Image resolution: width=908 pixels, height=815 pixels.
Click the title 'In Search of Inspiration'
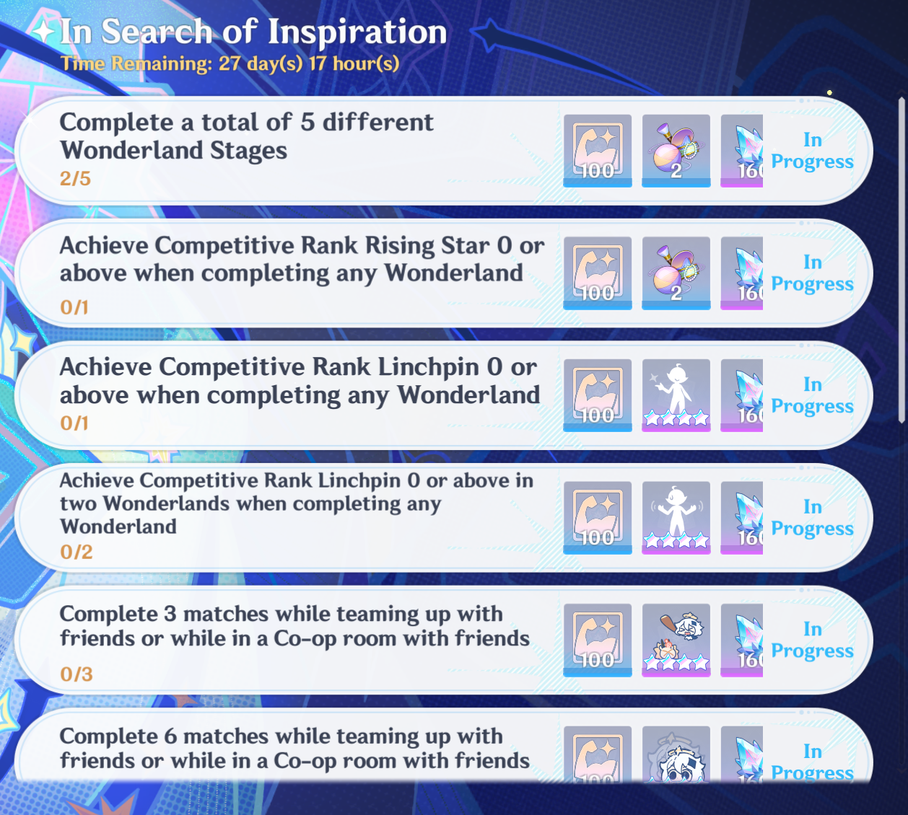[x=253, y=32]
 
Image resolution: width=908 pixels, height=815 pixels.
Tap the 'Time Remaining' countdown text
[x=230, y=63]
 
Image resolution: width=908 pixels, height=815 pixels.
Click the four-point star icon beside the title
[x=44, y=31]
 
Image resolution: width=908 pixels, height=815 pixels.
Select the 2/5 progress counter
[x=75, y=178]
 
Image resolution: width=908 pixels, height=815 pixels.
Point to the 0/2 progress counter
[x=77, y=552]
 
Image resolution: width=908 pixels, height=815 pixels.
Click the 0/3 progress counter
[x=77, y=674]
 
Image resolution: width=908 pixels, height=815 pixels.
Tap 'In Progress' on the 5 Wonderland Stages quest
[x=812, y=151]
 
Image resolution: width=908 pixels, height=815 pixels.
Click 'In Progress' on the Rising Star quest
[x=812, y=273]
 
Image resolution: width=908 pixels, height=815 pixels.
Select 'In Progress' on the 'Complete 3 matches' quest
[x=812, y=640]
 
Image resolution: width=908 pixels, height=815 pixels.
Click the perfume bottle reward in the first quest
[x=676, y=151]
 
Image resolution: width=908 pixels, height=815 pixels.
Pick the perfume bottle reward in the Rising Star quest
[x=676, y=273]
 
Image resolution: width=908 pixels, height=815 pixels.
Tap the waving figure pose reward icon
[x=676, y=395]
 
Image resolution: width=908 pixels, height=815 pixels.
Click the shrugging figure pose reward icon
[x=676, y=517]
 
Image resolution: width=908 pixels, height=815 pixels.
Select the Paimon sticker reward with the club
[x=676, y=640]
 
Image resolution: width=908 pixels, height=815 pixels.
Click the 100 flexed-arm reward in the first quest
[x=598, y=151]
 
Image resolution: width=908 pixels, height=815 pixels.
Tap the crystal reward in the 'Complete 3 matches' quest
[x=742, y=640]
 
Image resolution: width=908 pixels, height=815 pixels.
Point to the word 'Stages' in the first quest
[x=248, y=151]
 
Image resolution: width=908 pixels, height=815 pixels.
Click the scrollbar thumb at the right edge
[x=902, y=260]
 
